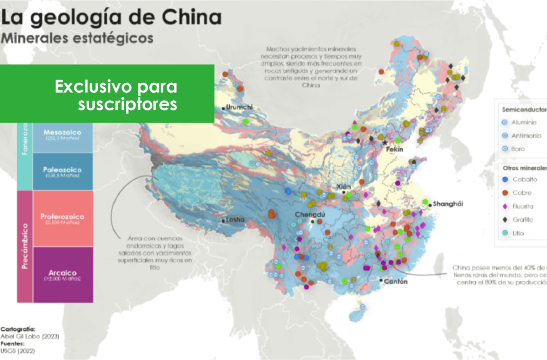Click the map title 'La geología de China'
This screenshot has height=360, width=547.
[x=112, y=18]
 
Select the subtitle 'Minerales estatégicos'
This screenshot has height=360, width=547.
[x=77, y=38]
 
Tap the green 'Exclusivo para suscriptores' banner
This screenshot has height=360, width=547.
[x=107, y=93]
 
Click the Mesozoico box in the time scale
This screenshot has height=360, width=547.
[x=62, y=135]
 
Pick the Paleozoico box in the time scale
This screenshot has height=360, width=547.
[x=62, y=172]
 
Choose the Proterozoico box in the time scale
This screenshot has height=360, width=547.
[x=62, y=219]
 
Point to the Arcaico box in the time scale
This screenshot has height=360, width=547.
[x=62, y=275]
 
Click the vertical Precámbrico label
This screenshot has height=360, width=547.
[x=24, y=246]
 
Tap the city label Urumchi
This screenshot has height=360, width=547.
[x=239, y=107]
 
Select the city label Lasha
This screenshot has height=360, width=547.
[x=235, y=220]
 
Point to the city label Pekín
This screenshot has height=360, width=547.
[x=394, y=149]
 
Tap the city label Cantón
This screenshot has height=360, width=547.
[x=396, y=281]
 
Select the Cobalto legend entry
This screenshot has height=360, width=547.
[x=524, y=179]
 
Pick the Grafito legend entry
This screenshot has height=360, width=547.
[x=522, y=219]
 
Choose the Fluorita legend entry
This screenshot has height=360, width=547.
[x=523, y=206]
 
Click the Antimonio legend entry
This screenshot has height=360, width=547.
[x=526, y=136]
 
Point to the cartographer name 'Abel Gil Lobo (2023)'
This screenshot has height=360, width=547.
[x=30, y=336]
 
